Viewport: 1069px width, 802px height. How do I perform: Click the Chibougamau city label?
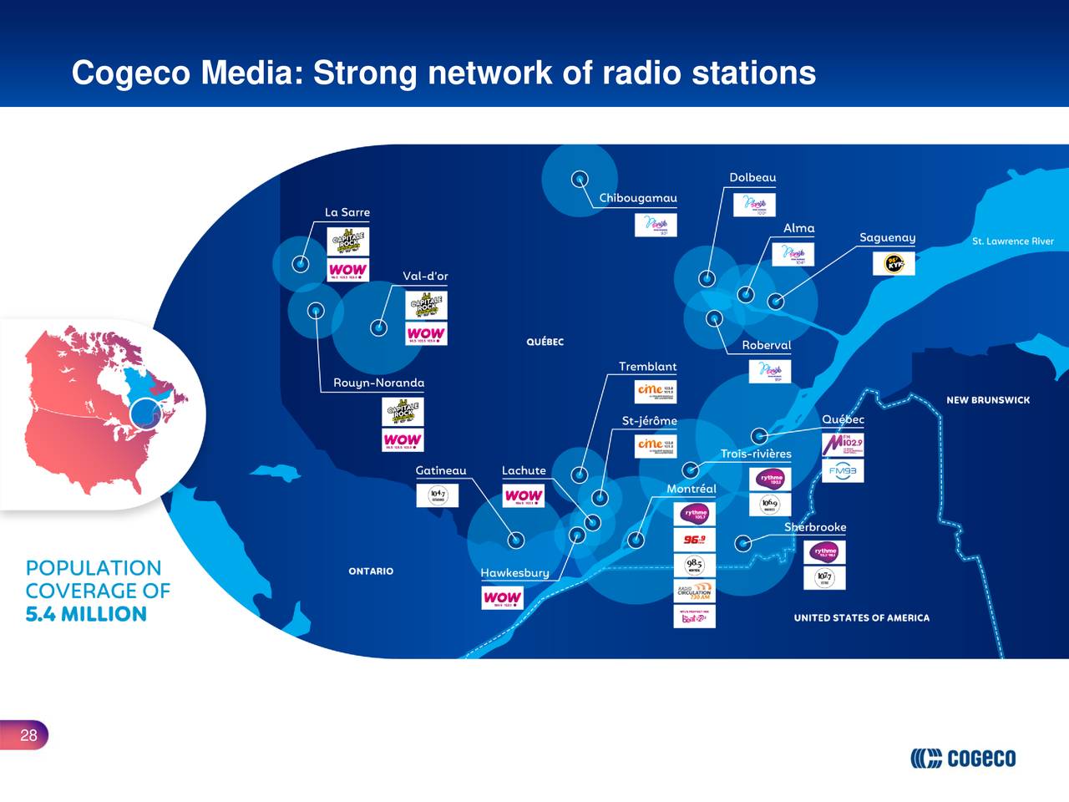[638, 198]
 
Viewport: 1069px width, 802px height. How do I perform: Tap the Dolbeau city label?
[752, 177]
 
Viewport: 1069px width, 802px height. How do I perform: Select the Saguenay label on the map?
[887, 238]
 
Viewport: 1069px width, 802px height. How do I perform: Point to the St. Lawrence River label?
[1012, 241]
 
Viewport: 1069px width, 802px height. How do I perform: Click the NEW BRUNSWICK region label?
[987, 400]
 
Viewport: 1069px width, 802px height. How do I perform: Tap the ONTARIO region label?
[371, 571]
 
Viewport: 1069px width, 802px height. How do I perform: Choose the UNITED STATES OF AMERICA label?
[861, 618]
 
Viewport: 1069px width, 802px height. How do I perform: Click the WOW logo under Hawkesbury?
[502, 597]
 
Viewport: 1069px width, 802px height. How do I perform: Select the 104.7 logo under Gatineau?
[437, 495]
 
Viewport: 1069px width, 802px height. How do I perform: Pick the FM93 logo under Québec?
[843, 470]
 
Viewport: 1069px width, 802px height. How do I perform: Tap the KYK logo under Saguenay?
[894, 263]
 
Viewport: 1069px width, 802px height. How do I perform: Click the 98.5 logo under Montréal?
[694, 565]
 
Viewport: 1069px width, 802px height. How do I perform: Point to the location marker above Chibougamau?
[579, 179]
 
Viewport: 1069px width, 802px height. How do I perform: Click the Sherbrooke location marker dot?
[742, 543]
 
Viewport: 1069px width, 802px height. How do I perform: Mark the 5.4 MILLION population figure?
[86, 614]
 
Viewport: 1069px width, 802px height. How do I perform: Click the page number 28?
[28, 735]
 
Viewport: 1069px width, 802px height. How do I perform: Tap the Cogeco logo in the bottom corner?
[963, 758]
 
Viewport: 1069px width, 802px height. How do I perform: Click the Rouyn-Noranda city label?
[378, 383]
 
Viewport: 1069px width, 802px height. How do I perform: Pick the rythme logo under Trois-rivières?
[770, 480]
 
